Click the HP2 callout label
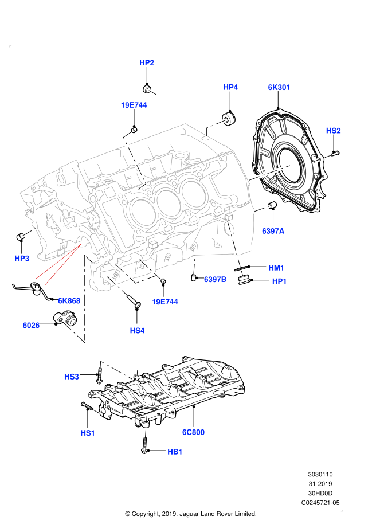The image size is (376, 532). (147, 62)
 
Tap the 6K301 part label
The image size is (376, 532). (279, 87)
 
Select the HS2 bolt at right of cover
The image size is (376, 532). (335, 154)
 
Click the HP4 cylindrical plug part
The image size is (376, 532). (229, 118)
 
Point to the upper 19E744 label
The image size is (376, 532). (134, 105)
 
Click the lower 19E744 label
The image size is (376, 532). (165, 302)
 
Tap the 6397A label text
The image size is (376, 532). (273, 231)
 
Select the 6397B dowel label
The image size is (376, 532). (215, 280)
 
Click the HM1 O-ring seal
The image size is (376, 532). (242, 268)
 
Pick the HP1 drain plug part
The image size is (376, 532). (244, 280)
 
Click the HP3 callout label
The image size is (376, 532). (22, 259)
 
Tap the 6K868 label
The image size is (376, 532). (69, 300)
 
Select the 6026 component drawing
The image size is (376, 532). (65, 319)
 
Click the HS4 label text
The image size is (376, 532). (137, 330)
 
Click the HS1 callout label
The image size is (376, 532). (88, 433)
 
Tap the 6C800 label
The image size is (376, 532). (193, 432)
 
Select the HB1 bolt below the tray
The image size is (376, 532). (144, 445)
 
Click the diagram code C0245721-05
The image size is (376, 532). (320, 503)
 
